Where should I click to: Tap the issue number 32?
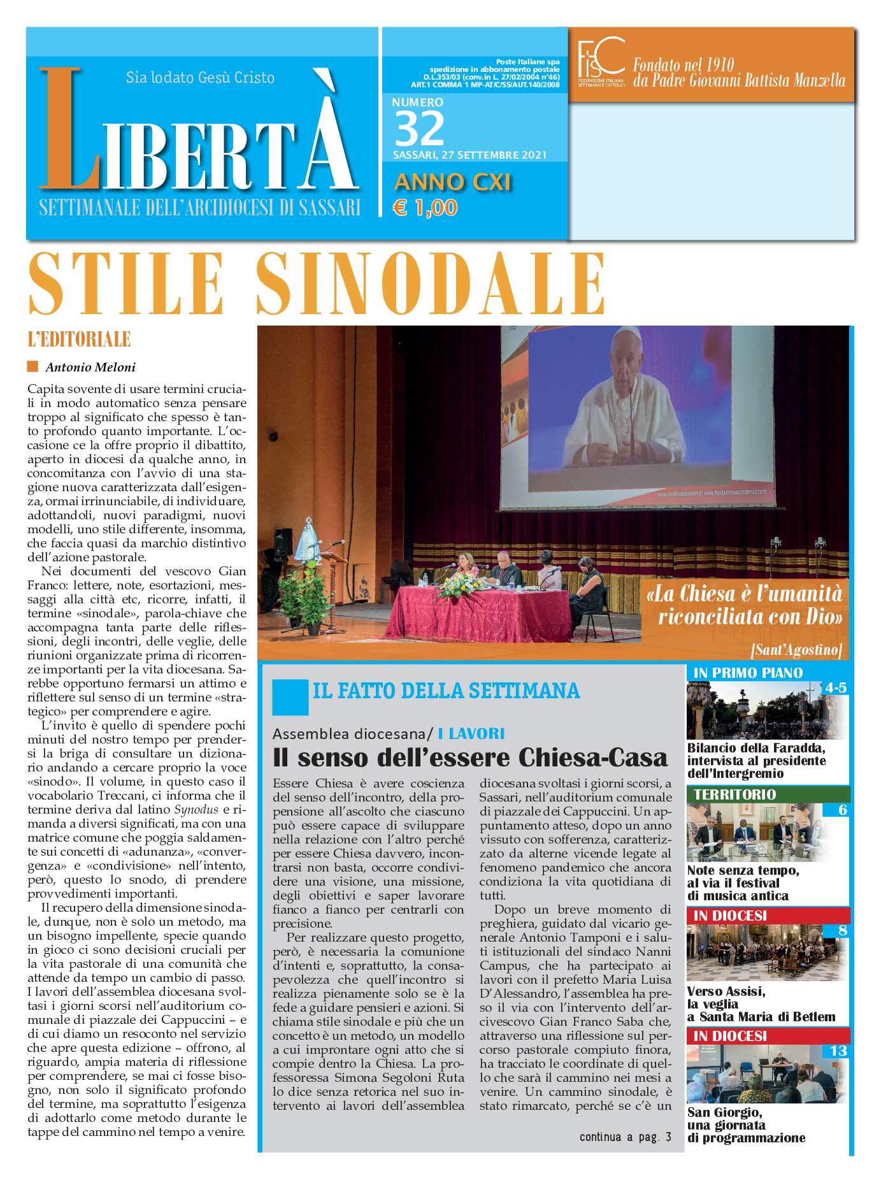[x=419, y=129]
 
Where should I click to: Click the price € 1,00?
[x=425, y=208]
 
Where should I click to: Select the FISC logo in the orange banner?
[x=600, y=62]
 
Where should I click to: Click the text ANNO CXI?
[x=452, y=182]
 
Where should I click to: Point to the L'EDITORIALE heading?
[x=79, y=340]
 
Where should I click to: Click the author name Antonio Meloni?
[x=90, y=367]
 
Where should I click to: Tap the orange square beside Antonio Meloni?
[x=33, y=366]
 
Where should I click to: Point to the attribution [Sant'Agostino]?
[x=796, y=649]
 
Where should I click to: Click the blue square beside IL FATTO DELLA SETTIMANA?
[x=289, y=696]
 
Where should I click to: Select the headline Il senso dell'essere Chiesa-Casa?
[x=469, y=758]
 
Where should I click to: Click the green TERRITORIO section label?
[x=734, y=794]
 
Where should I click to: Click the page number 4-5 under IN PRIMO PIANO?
[x=835, y=687]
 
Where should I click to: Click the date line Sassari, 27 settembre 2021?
[x=469, y=155]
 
